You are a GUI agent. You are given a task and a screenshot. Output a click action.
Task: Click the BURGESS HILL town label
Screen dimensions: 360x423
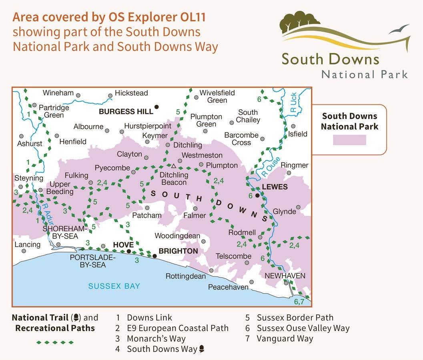[x=126, y=112]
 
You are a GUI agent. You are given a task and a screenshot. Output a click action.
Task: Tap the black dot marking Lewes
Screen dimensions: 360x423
[x=258, y=195]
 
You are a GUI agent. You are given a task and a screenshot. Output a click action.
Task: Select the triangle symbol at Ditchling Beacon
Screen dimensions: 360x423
[x=174, y=166]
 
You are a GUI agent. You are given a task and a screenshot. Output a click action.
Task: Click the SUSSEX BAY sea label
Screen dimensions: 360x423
[x=114, y=286]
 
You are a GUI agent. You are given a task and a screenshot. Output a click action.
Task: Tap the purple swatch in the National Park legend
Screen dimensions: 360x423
[x=349, y=140]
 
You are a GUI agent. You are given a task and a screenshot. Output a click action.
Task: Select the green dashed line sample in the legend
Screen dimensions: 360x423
[x=55, y=342]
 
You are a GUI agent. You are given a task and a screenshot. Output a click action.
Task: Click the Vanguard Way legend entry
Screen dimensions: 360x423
[x=285, y=338]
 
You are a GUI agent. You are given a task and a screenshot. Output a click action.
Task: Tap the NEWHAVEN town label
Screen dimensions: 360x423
[x=285, y=276]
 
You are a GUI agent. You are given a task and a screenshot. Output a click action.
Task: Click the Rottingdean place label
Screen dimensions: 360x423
[x=186, y=276]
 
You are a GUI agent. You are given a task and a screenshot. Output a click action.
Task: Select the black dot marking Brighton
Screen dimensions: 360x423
[x=154, y=256]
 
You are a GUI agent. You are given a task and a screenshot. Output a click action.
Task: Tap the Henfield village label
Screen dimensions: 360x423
[x=73, y=142]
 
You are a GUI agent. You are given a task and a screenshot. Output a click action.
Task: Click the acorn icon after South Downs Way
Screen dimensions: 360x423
[x=202, y=349]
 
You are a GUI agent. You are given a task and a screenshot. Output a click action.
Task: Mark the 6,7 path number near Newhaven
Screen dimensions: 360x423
[x=299, y=302]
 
